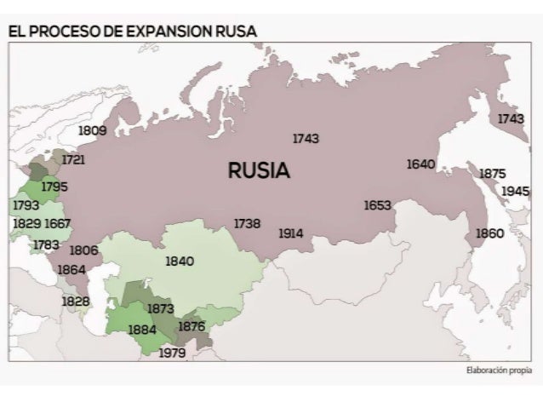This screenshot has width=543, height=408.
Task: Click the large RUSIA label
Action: (259, 170)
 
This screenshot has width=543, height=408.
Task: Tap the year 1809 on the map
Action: (92, 131)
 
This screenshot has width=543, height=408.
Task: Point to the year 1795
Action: (54, 186)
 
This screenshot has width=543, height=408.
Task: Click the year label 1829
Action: (26, 223)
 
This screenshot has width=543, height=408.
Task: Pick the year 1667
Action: (58, 223)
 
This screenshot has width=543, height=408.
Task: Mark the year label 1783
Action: (46, 244)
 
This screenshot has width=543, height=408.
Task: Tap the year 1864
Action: (71, 269)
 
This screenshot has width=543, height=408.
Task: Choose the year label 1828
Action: (76, 302)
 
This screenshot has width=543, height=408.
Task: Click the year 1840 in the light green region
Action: (180, 261)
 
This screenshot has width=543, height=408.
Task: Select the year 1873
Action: (161, 308)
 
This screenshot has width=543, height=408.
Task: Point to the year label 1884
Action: (141, 329)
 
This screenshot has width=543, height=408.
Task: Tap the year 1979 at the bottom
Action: (173, 353)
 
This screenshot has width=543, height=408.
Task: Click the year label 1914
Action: (290, 233)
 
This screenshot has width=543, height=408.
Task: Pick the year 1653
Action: (377, 205)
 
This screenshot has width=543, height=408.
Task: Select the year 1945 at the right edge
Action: (515, 191)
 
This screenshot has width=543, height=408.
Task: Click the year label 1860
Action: (489, 233)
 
